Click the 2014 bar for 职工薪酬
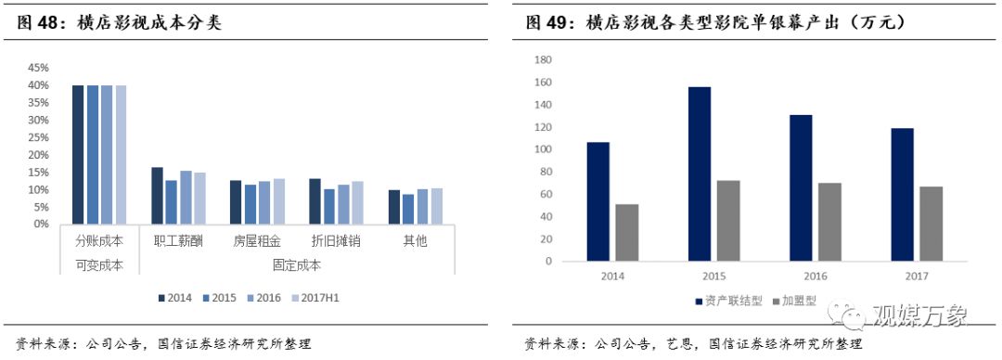point(157,196)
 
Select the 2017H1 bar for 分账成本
point(121,154)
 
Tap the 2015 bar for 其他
point(407,209)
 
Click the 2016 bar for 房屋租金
point(264,202)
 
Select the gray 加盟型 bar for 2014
point(627,232)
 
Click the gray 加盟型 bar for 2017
point(931,224)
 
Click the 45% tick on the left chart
point(37,68)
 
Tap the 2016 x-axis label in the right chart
point(816,276)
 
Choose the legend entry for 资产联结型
point(726,302)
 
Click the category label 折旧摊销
point(336,240)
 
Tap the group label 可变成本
point(99,264)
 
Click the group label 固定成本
point(296,264)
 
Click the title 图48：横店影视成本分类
point(120,22)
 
